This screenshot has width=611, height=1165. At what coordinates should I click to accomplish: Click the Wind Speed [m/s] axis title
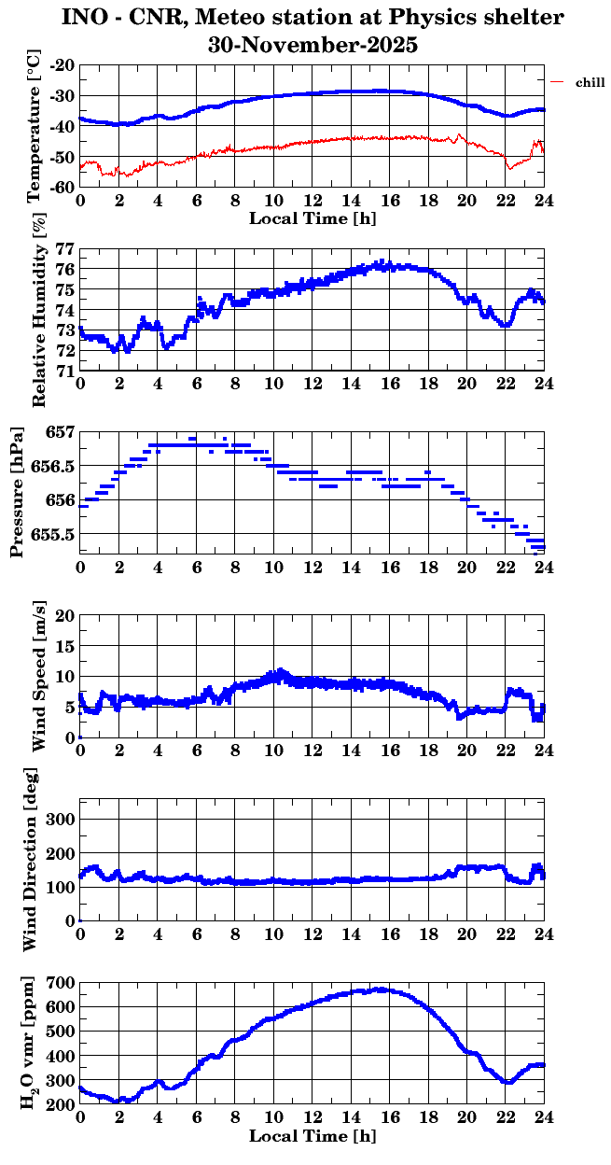38,677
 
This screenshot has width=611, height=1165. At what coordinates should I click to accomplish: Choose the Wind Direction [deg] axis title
29,861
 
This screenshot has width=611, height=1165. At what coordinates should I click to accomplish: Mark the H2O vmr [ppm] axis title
29,1044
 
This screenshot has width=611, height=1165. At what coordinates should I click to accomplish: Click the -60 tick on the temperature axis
63,187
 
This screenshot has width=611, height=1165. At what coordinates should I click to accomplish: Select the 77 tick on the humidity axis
65,249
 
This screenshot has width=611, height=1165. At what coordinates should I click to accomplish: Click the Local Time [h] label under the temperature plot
312,218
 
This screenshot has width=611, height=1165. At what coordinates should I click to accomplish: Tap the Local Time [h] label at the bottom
312,1136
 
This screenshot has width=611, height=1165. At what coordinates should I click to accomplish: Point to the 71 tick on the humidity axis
65,372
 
